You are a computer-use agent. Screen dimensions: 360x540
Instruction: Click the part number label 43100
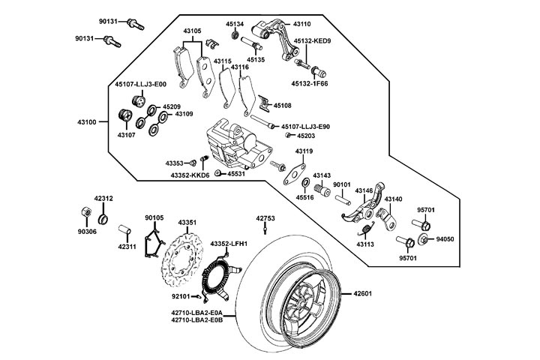(x=87, y=121)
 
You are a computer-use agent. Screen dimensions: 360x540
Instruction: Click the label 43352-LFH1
(x=229, y=244)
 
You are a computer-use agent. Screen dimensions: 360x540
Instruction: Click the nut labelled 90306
(x=87, y=232)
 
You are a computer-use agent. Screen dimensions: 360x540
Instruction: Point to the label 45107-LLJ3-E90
(x=306, y=127)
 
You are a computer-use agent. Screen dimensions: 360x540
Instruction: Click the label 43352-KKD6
(x=190, y=175)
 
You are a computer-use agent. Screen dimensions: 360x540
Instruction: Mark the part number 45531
(x=236, y=173)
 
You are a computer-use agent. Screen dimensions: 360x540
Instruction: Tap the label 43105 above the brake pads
(x=193, y=31)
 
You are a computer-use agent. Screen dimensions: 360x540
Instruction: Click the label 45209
(x=171, y=106)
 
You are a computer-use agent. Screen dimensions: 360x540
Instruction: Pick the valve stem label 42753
(x=265, y=218)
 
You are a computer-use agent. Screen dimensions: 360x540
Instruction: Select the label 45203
(x=306, y=136)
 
